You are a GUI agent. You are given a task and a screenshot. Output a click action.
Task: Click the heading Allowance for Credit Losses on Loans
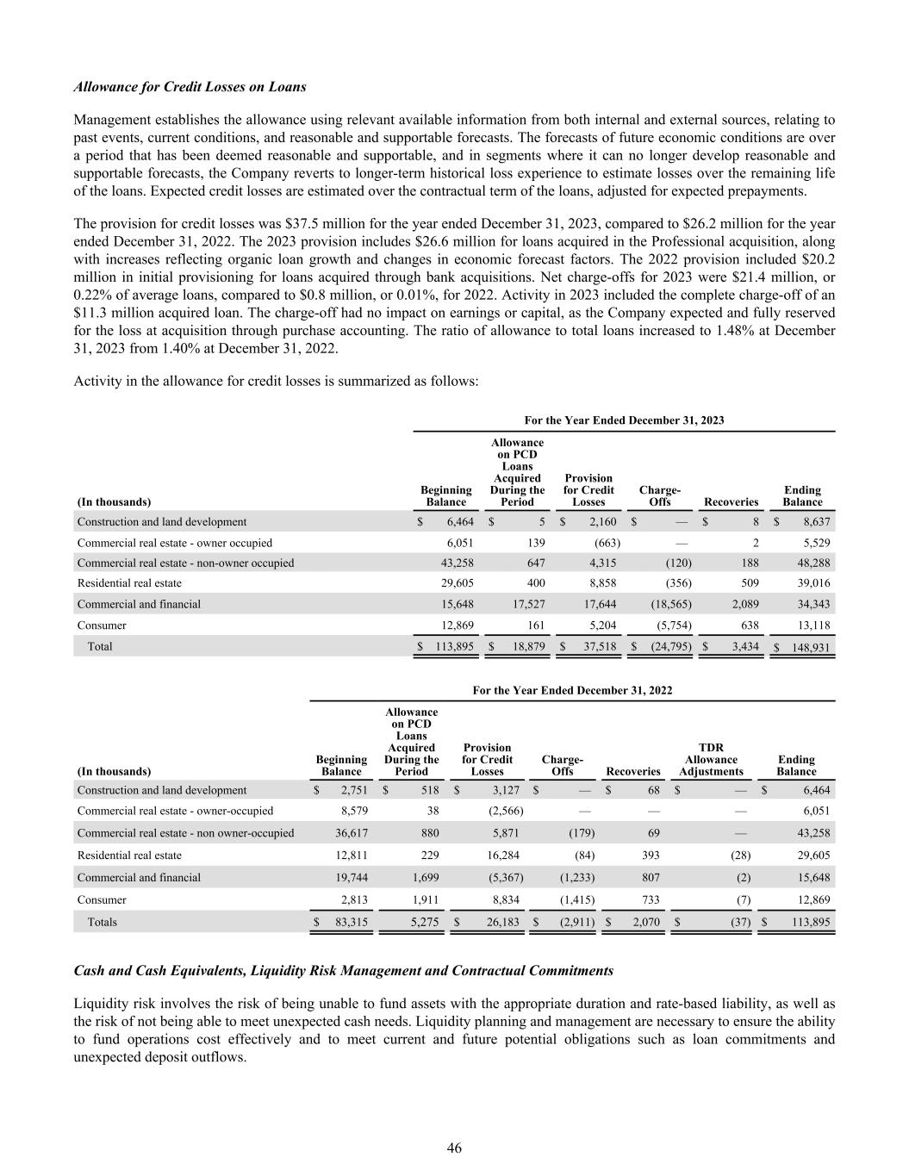click(190, 87)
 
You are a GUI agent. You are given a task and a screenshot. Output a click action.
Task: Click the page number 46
click(454, 1148)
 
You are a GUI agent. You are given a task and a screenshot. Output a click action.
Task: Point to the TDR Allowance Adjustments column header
click(711, 759)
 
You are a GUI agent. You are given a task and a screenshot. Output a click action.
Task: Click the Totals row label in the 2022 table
click(102, 922)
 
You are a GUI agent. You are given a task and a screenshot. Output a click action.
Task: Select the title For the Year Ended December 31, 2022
click(572, 690)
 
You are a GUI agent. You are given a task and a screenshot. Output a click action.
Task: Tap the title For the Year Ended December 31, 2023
click(624, 420)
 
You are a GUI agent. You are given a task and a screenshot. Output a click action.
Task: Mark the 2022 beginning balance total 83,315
click(348, 922)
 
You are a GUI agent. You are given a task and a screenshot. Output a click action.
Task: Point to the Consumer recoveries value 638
click(748, 625)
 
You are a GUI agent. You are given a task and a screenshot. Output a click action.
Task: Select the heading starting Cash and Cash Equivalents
click(343, 970)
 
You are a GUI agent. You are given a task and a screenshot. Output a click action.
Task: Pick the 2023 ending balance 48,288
click(809, 563)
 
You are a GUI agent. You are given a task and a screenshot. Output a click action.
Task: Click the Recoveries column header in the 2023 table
click(731, 501)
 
